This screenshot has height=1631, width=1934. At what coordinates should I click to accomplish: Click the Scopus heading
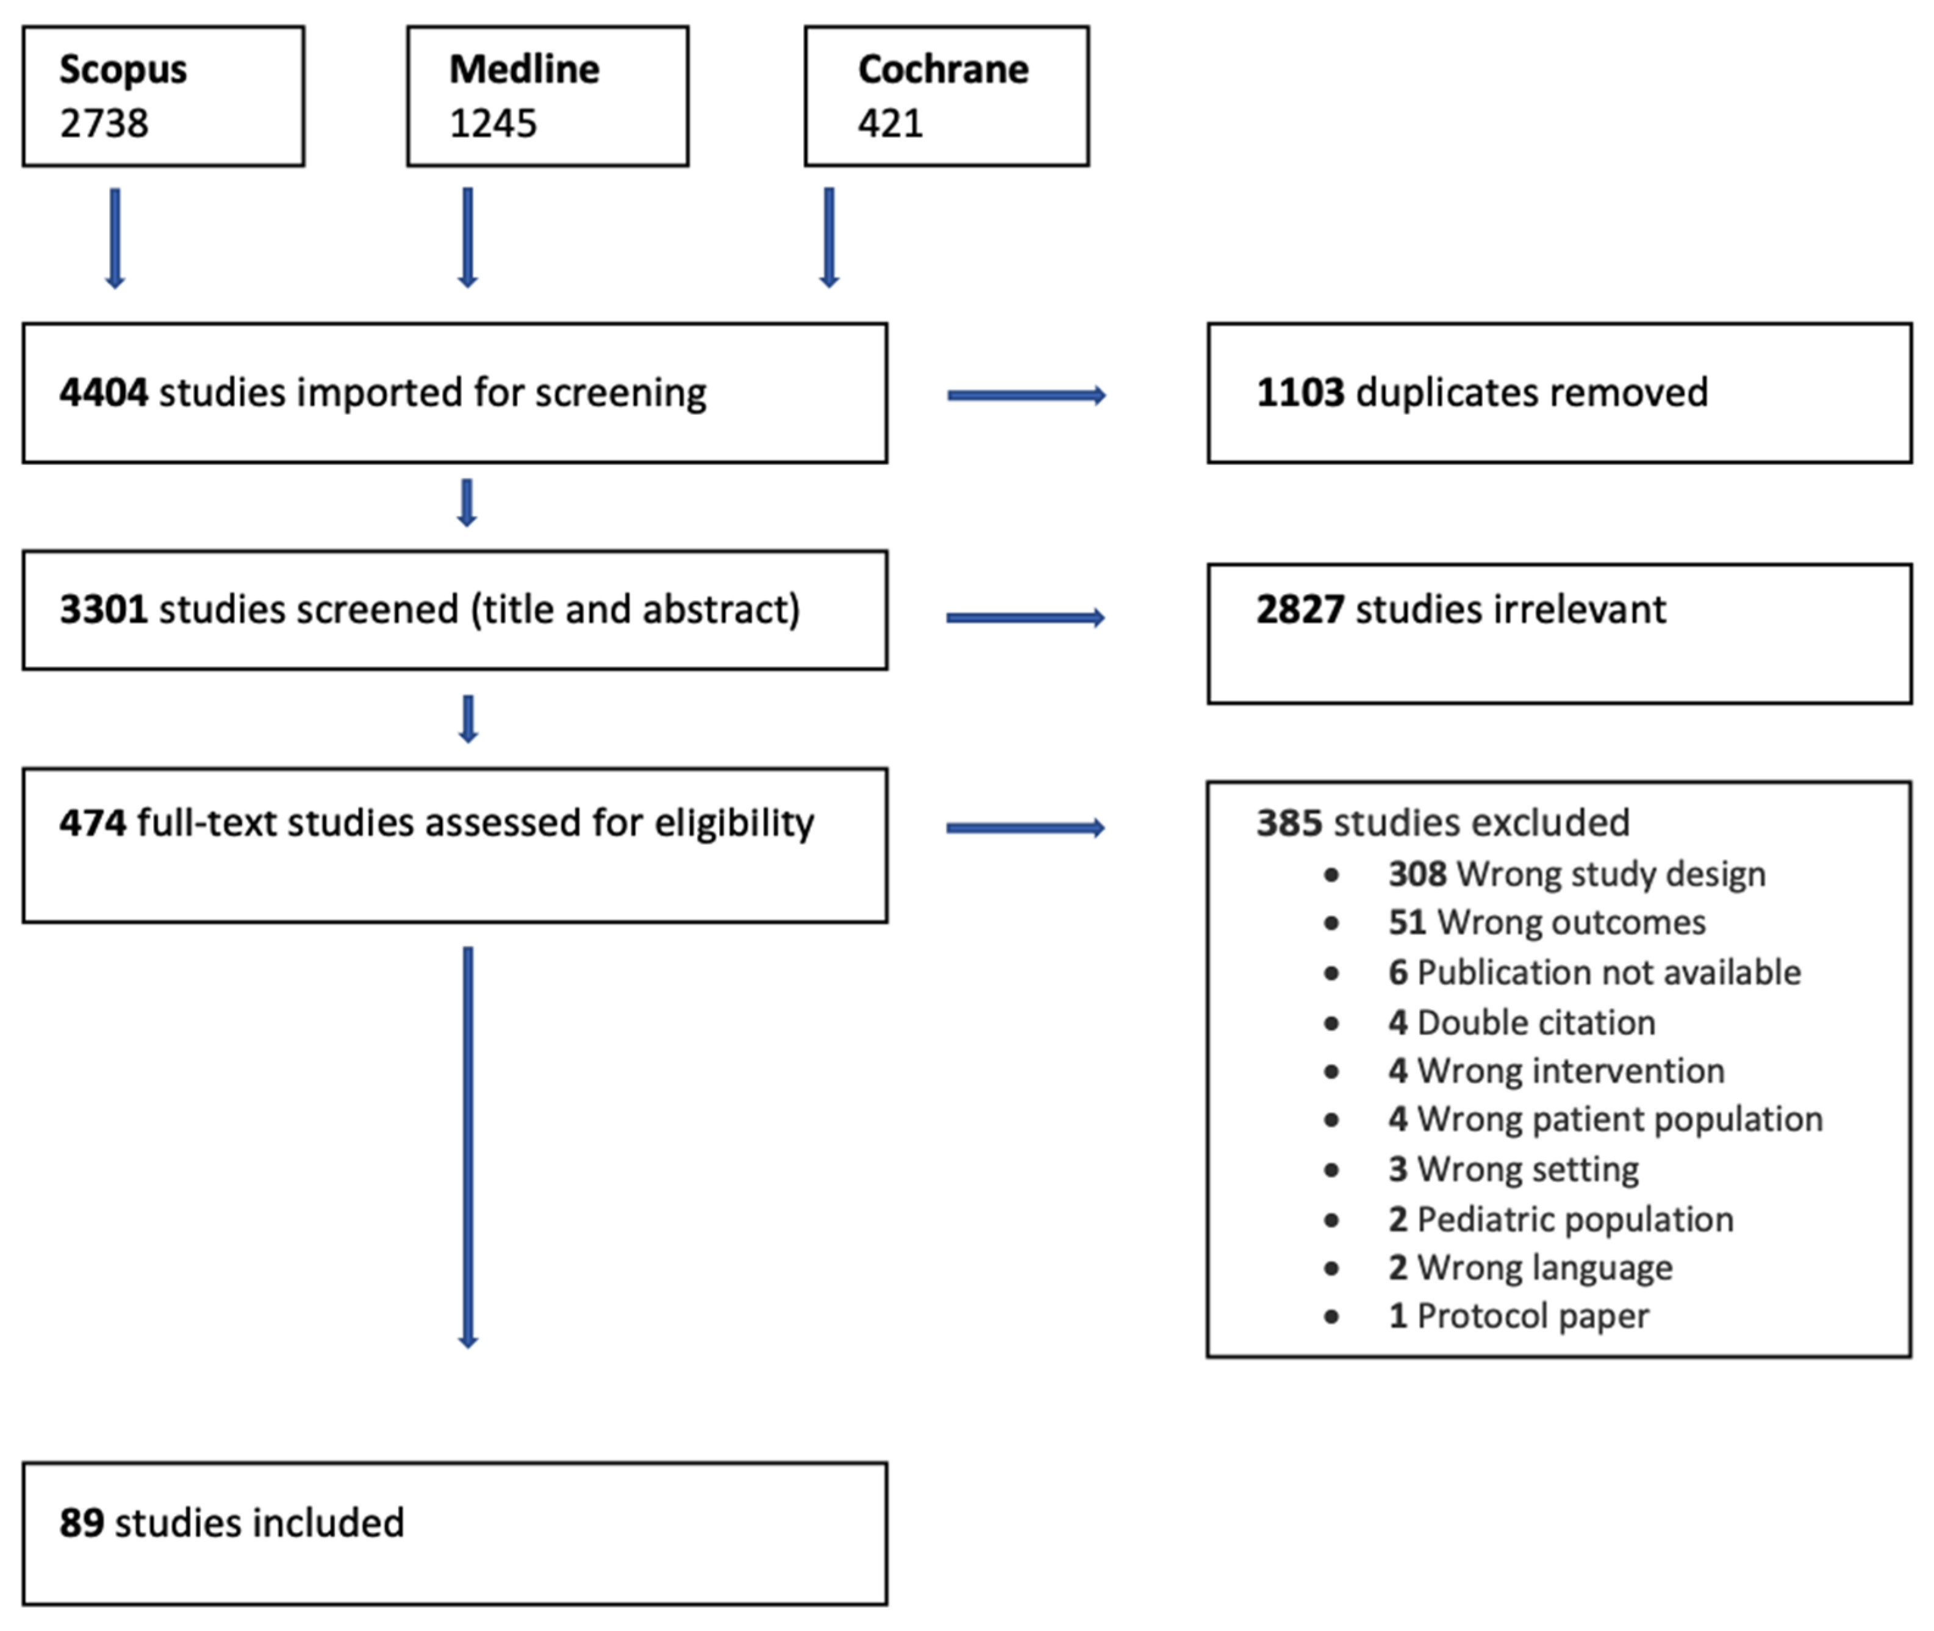[123, 70]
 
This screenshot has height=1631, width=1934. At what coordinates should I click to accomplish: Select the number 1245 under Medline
[493, 124]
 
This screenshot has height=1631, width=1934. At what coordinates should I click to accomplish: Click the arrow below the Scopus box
[115, 238]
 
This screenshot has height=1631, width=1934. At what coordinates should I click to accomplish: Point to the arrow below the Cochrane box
[829, 238]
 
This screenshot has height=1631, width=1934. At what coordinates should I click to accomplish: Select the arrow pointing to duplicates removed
[1026, 396]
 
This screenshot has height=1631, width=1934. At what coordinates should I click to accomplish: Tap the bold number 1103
[1300, 393]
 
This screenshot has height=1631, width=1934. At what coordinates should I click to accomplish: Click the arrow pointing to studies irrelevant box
[1025, 618]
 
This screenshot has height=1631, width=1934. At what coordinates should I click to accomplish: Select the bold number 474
[93, 823]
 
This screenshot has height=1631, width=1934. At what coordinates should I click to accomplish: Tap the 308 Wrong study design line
[1576, 873]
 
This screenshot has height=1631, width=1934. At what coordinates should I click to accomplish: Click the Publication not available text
[1608, 973]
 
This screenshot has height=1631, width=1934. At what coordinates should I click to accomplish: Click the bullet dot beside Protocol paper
[1331, 1317]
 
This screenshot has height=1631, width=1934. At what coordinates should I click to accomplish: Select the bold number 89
[81, 1523]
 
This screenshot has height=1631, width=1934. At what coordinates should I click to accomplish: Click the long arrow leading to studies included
[468, 1147]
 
